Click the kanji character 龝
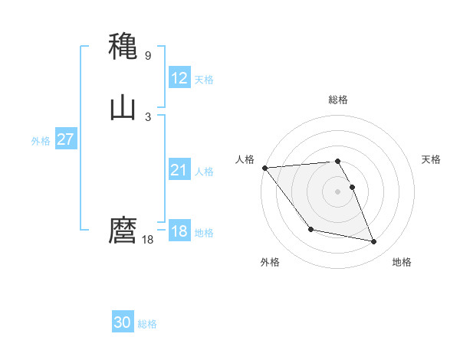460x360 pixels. [123, 47]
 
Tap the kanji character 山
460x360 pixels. [123, 108]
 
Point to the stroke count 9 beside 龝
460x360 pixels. [148, 56]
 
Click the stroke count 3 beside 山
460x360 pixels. [148, 117]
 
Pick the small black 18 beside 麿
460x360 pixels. [148, 240]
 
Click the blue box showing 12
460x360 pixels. [179, 78]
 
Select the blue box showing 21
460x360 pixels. [179, 170]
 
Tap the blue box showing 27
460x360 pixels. [65, 139]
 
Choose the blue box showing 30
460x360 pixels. [123, 323]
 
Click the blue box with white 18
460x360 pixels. [179, 231]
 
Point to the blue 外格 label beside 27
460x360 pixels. [41, 141]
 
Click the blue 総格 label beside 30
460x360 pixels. [147, 325]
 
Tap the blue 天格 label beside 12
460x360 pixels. [204, 80]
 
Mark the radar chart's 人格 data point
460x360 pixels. [264, 168]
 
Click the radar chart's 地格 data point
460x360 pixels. [374, 242]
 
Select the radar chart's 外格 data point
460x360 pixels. [310, 229]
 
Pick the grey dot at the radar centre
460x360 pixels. [338, 191]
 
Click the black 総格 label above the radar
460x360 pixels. [338, 100]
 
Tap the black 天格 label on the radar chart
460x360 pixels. [432, 159]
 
